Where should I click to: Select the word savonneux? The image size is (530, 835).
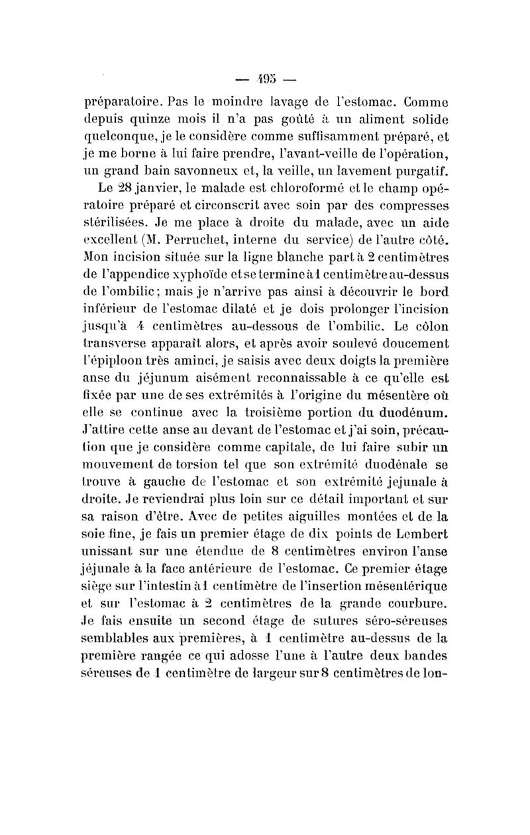(196, 175)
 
